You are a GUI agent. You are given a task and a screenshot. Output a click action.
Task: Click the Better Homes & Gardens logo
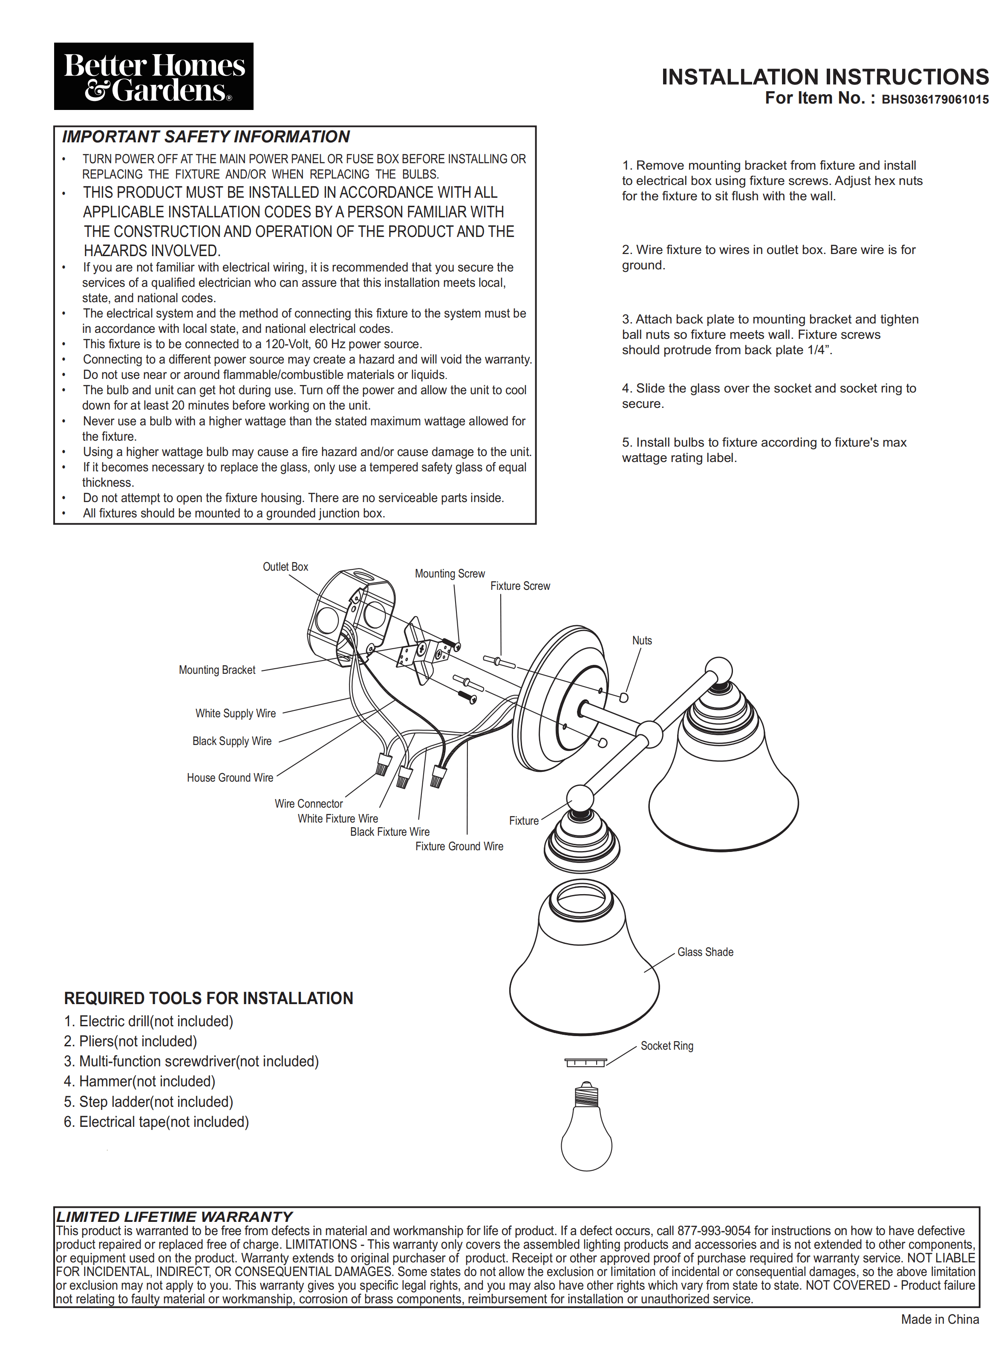point(153,76)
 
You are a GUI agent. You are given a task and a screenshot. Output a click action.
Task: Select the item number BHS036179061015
point(935,100)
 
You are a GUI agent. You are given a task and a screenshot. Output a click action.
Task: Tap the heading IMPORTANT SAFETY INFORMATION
point(205,137)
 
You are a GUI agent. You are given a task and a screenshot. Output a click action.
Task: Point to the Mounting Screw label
point(450,573)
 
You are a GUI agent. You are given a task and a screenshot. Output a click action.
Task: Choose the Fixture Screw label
point(520,586)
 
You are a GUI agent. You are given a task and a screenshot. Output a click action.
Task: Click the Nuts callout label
point(642,641)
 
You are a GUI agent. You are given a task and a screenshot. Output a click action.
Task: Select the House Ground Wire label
point(230,778)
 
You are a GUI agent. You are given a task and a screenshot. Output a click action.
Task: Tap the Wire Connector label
point(309,804)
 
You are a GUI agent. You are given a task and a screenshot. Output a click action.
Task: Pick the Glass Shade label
point(705,952)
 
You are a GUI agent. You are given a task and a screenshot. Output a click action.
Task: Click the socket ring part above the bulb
point(586,1062)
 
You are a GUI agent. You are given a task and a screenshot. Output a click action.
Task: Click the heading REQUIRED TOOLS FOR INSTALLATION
point(208,998)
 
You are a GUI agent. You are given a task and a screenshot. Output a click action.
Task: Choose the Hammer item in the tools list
point(139,1081)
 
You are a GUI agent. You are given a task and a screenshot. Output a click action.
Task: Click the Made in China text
point(939,1319)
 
